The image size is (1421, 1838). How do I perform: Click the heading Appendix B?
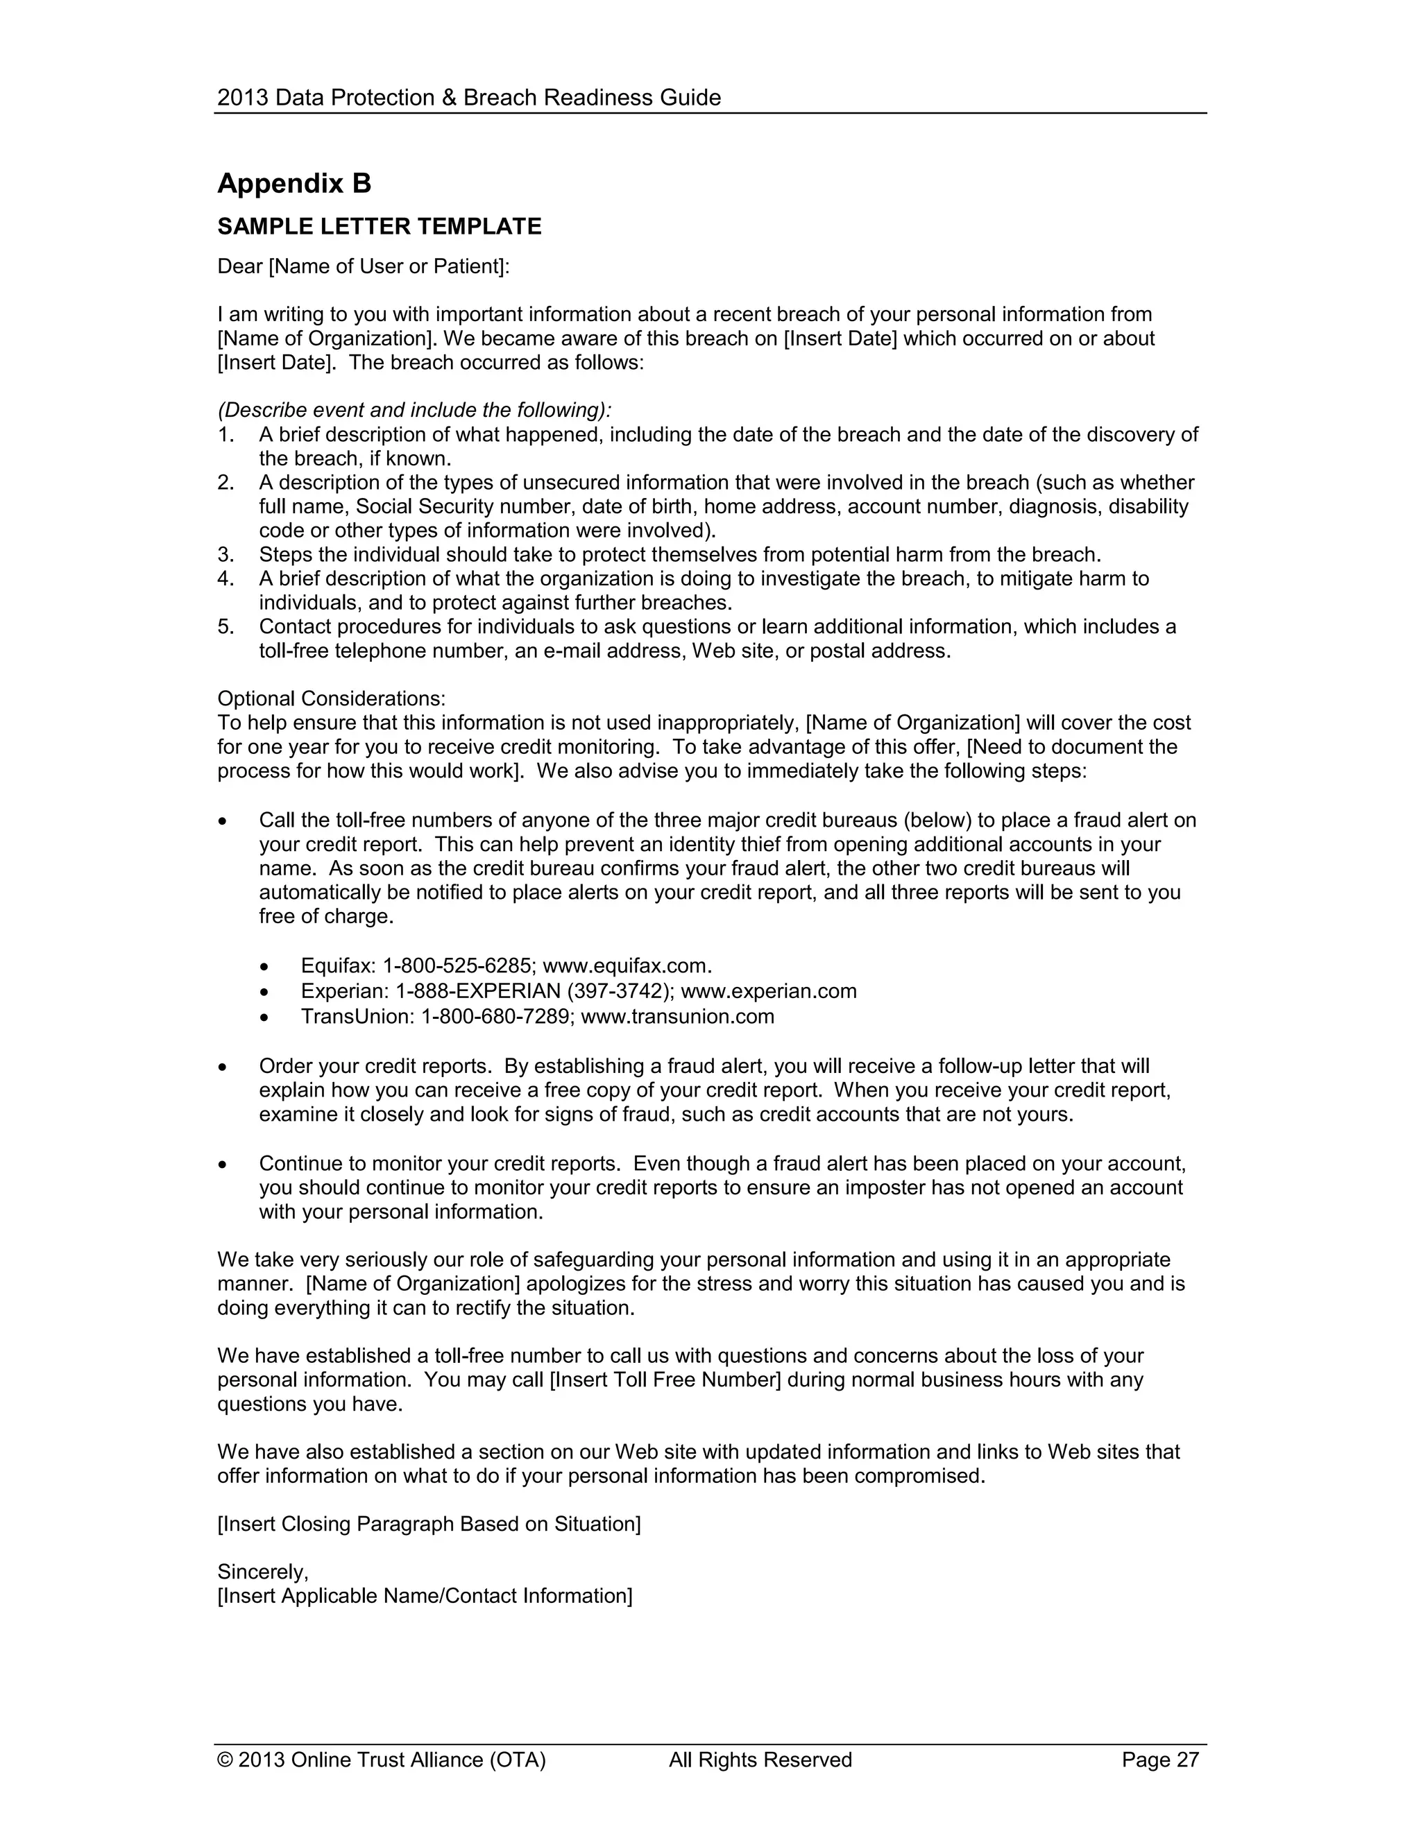click(x=293, y=184)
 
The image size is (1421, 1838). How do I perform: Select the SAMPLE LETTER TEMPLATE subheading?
click(x=379, y=226)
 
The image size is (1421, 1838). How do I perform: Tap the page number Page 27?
click(x=1159, y=1760)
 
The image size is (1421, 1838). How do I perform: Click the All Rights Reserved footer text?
click(x=760, y=1760)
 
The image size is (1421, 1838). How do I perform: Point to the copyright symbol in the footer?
click(x=225, y=1760)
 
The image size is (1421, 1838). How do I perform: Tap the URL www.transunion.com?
click(x=678, y=1016)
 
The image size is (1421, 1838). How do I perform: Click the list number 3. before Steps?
click(x=226, y=555)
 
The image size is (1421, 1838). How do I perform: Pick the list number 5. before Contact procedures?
click(x=226, y=626)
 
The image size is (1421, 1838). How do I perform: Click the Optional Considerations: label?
click(x=332, y=698)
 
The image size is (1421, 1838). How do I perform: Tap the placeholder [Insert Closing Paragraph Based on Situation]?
click(x=429, y=1523)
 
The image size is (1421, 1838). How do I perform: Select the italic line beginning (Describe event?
click(x=414, y=410)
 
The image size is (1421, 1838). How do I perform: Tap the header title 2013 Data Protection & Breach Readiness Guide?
click(x=469, y=98)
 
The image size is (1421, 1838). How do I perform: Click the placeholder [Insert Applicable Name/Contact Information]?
click(x=424, y=1596)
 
